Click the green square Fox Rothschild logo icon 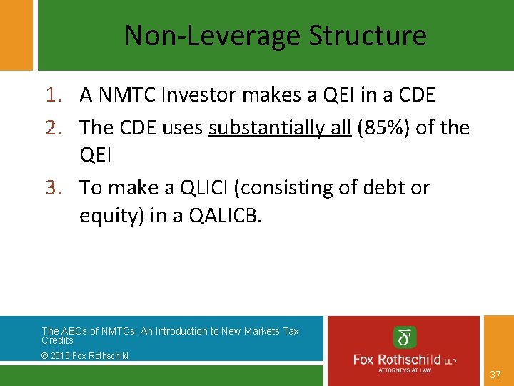[405, 337]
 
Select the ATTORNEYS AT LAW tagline [405, 370]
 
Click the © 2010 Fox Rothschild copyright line [85, 355]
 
